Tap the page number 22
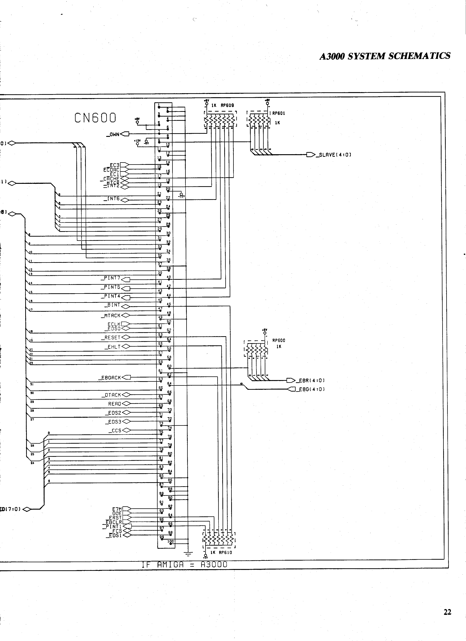pos(447,612)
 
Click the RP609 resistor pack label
pos(227,105)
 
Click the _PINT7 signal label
pos(110,278)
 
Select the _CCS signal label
pos(115,431)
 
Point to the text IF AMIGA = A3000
pos(184,565)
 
